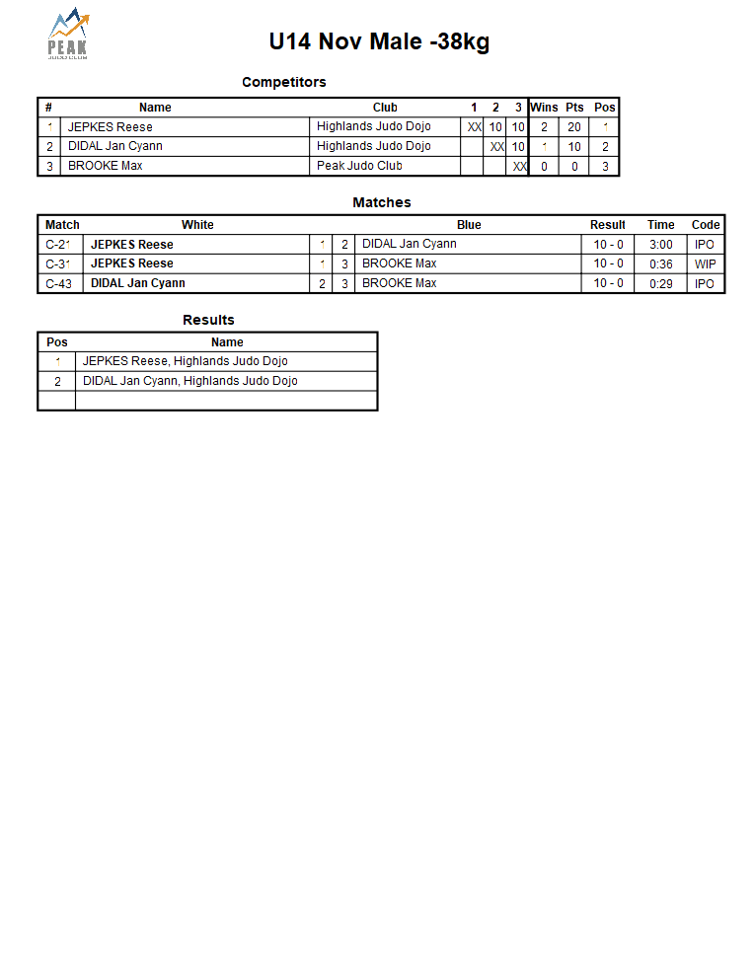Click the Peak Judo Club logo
pos(68,35)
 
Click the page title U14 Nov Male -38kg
pos(379,41)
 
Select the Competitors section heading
pos(283,82)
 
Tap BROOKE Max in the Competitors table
pos(105,166)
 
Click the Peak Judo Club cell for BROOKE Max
pos(359,166)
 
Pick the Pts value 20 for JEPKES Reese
pos(574,127)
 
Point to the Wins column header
pos(544,108)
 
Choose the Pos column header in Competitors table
pos(605,108)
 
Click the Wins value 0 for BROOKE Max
pos(544,167)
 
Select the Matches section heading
pos(381,202)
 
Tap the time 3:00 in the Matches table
pos(661,245)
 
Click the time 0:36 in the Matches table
pos(661,264)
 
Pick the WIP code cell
pos(705,264)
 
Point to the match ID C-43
pos(59,284)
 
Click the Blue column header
pos(469,225)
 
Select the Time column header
pos(661,225)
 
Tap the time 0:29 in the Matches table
pos(661,284)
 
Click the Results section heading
pos(208,320)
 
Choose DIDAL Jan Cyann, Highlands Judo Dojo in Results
pos(189,381)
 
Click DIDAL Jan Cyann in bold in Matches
pos(138,283)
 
